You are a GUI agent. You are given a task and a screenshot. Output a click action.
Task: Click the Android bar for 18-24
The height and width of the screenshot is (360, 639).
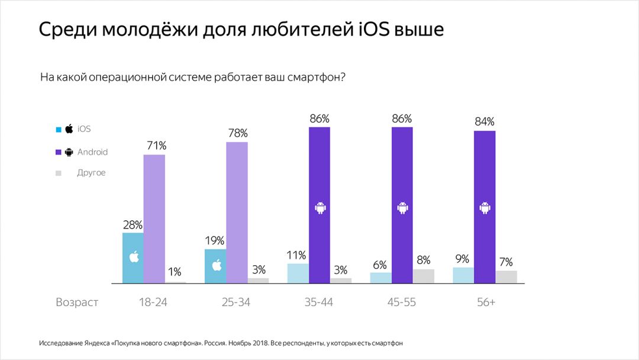tap(154, 218)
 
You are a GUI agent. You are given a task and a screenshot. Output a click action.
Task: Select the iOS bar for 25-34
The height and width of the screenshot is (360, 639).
tap(215, 266)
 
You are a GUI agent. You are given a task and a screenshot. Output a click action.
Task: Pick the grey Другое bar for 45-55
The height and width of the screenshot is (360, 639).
tap(423, 276)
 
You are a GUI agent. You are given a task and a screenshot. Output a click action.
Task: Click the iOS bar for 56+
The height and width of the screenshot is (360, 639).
tap(463, 275)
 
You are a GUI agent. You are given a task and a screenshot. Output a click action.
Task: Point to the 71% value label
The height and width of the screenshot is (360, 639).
tap(154, 146)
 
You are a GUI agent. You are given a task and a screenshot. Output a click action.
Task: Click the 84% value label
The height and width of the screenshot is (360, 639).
tap(485, 121)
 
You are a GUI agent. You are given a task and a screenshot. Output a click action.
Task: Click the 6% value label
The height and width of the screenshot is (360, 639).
tap(380, 263)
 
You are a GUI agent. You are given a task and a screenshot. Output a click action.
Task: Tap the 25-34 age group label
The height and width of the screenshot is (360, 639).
tap(237, 302)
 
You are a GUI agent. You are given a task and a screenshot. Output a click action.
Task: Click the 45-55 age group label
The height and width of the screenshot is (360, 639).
tap(402, 302)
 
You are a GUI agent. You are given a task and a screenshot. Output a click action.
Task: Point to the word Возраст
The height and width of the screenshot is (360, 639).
tap(77, 302)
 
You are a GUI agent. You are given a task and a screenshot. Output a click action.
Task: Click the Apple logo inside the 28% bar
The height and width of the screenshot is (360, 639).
tap(134, 257)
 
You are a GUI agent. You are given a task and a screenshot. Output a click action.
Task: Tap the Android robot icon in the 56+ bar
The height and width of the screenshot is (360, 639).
tap(485, 208)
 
